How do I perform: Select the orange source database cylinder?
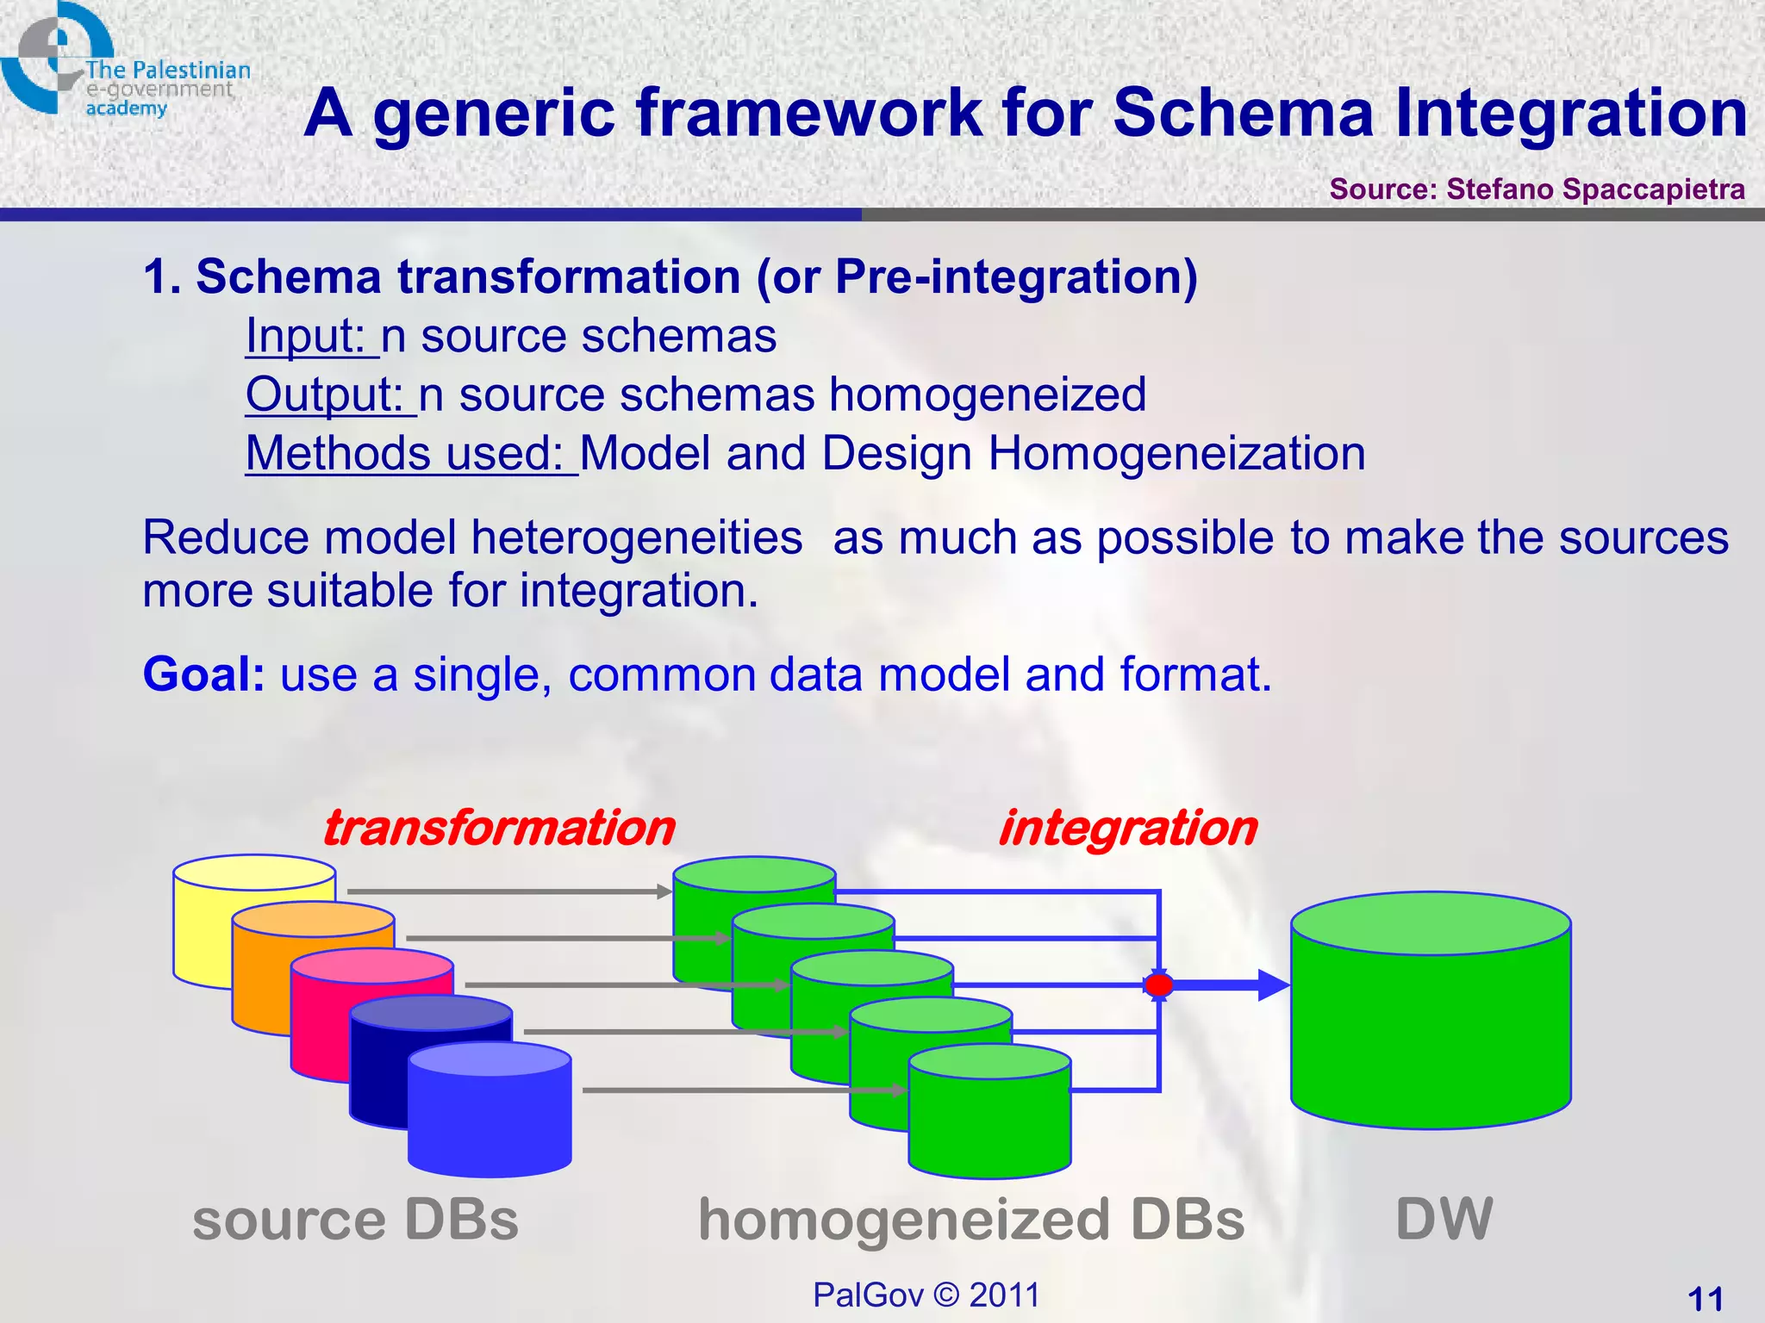coord(259,982)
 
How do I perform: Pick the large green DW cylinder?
coord(1431,1025)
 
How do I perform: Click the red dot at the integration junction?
coord(1159,984)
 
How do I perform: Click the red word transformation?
coord(498,829)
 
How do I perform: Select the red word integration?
coord(1127,829)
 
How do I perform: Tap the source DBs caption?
coord(355,1220)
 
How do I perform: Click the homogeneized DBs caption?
coord(971,1220)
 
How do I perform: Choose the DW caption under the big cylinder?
coord(1444,1220)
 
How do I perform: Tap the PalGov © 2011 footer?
coord(926,1295)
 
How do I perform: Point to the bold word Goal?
coord(203,674)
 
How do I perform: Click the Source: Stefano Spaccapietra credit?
coord(1537,189)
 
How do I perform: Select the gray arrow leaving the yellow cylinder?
coord(508,891)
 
